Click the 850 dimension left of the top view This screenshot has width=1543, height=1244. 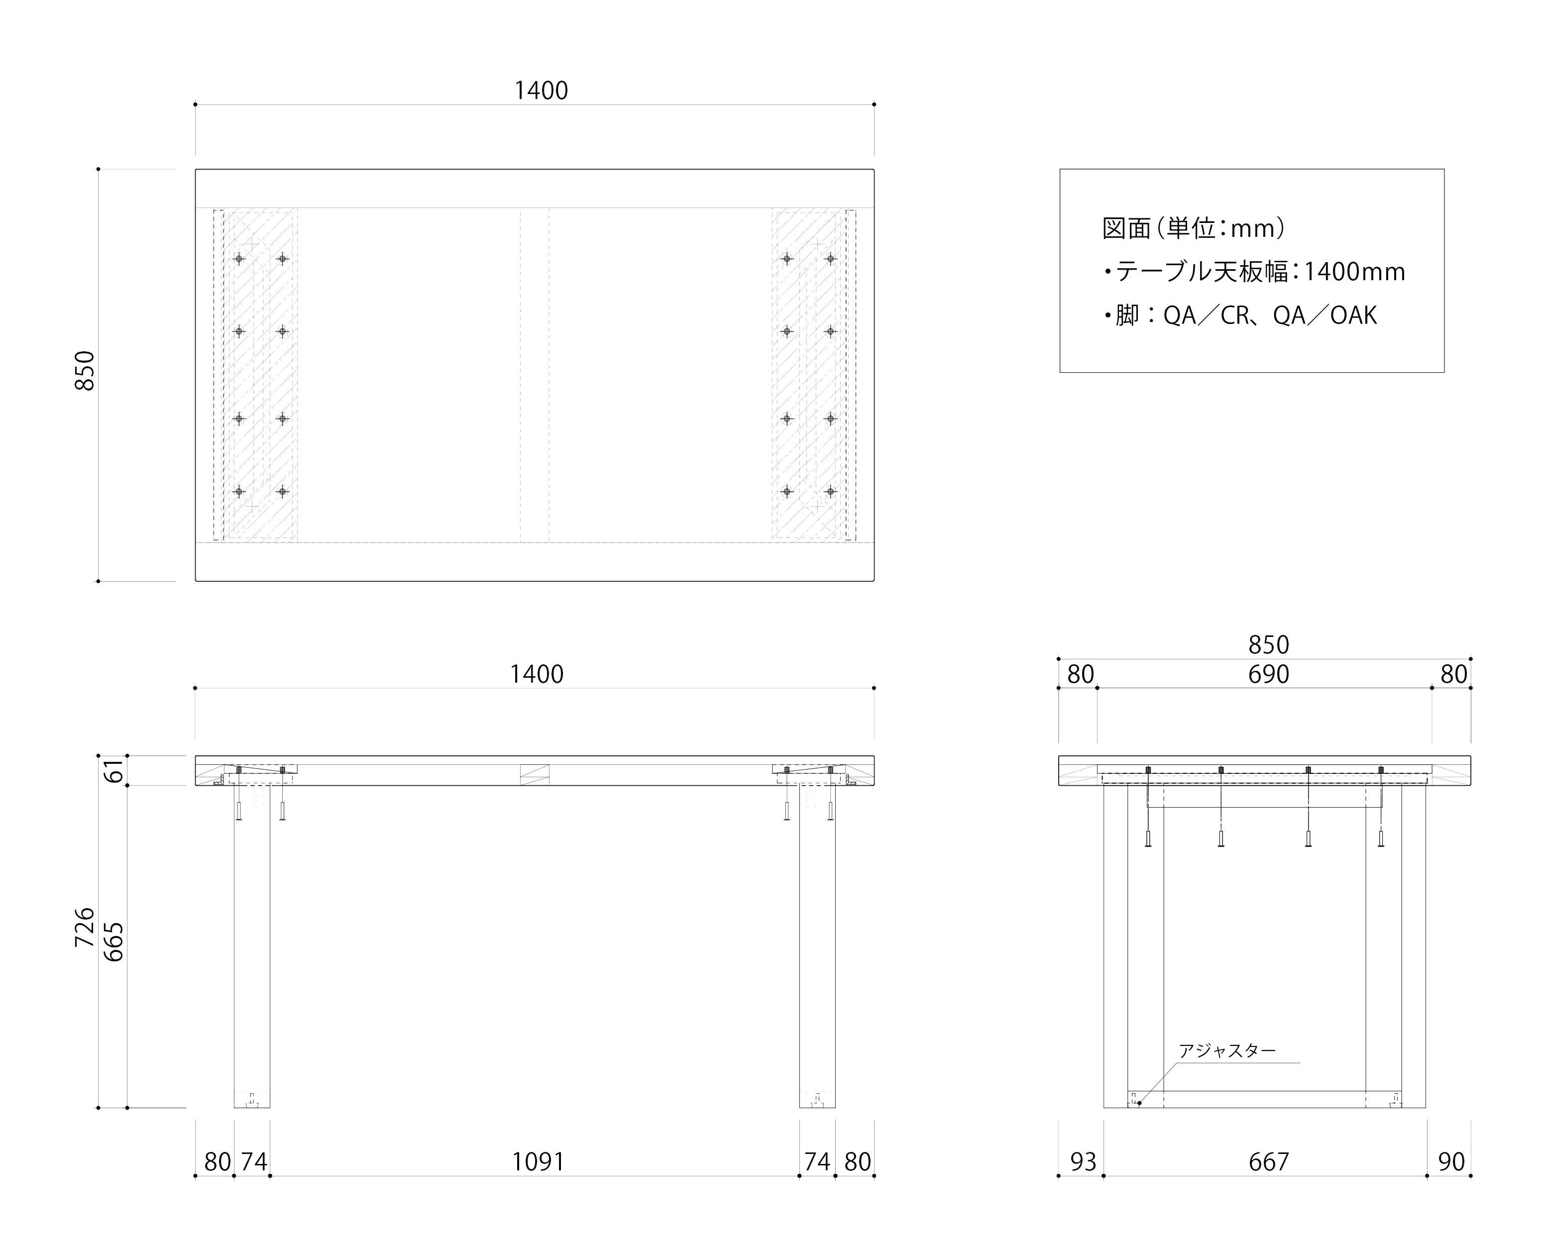[x=85, y=371]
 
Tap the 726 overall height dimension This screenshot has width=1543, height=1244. [x=85, y=927]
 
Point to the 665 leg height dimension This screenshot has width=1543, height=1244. [x=114, y=941]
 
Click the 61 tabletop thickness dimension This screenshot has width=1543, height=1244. [x=114, y=771]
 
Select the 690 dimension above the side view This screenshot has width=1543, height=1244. [x=1269, y=674]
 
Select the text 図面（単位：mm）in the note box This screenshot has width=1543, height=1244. [x=1193, y=228]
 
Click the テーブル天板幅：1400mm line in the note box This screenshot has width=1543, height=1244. [x=1254, y=272]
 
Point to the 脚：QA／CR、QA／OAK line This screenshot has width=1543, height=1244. [x=1240, y=315]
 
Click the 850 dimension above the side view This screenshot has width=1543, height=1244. [x=1269, y=645]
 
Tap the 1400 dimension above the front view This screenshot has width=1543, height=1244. [x=537, y=674]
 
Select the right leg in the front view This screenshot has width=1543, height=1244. [x=817, y=946]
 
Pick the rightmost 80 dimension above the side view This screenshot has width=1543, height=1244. [x=1453, y=674]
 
